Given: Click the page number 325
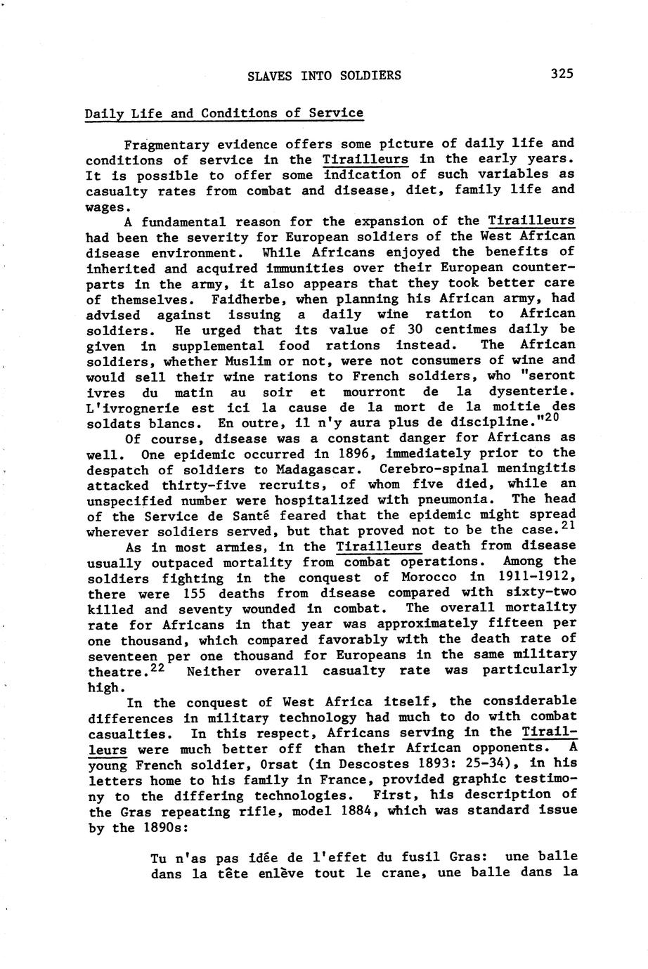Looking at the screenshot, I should pos(562,74).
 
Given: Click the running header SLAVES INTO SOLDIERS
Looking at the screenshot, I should pos(325,75).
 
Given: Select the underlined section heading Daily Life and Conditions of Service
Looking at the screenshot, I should pos(224,113).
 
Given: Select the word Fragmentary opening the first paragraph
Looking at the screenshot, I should pos(163,145).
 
